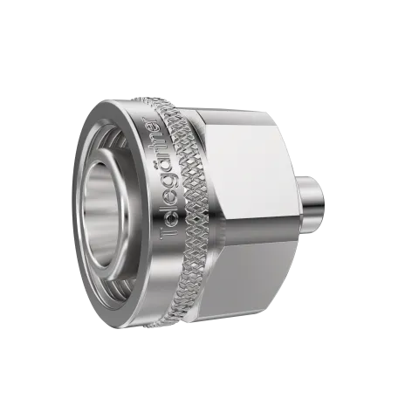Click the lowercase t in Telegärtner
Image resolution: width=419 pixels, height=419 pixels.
pyautogui.click(x=160, y=153)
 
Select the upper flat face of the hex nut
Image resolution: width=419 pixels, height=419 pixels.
pyautogui.click(x=253, y=161)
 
